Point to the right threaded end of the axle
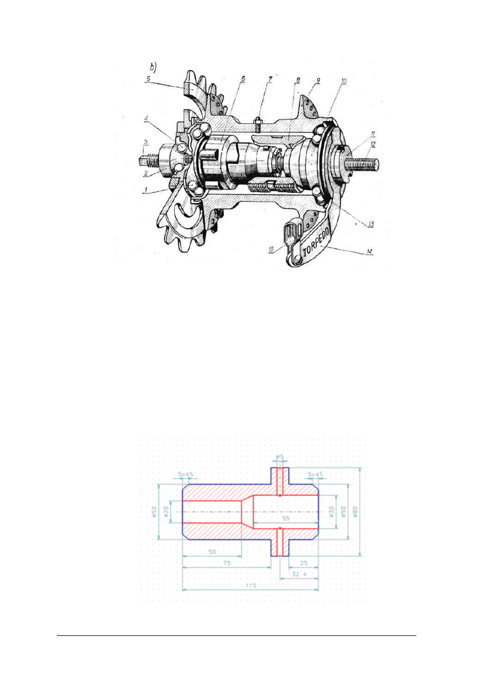pos(363,163)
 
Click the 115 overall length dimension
pos(251,585)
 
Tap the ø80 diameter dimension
pos(354,512)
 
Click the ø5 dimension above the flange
pos(280,457)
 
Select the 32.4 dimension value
pos(299,574)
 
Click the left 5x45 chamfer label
pos(187,474)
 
